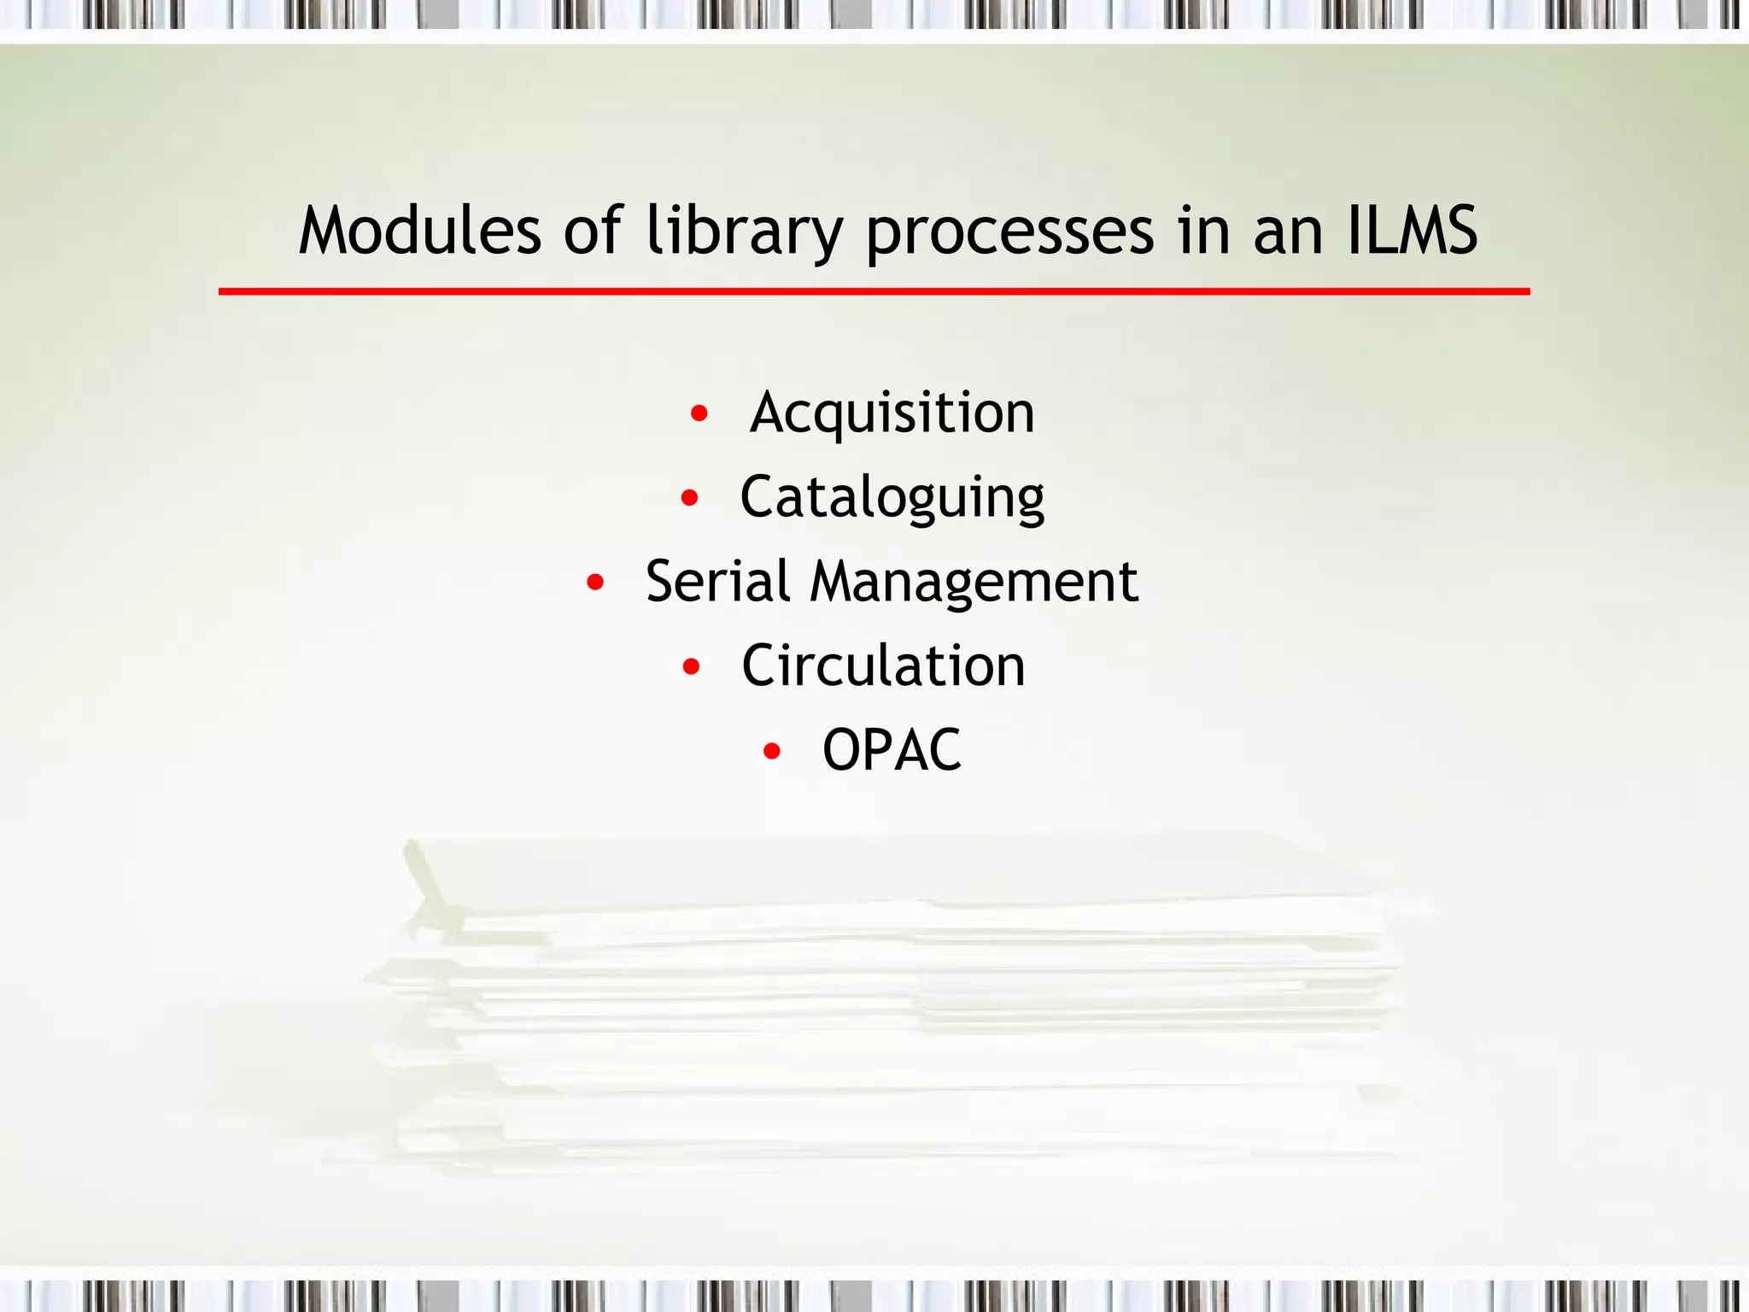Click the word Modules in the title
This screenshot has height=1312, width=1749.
coord(419,231)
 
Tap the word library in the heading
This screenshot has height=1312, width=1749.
coord(744,232)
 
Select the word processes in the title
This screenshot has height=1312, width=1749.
coord(1009,232)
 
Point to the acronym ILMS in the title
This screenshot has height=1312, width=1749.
coord(1412,231)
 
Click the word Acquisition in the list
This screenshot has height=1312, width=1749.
coord(892,413)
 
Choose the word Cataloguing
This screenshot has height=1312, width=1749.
coord(892,498)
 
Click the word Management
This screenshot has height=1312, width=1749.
coord(974,583)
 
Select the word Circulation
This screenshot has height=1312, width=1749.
coord(883,665)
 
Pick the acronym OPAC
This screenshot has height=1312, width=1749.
coord(892,750)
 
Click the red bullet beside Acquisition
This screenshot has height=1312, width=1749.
coord(699,414)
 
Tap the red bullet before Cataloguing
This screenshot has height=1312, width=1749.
coord(690,498)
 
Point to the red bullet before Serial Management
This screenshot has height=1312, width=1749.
coord(595,583)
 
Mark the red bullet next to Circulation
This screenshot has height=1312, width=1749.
coord(692,666)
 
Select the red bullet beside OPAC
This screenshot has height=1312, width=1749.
coord(772,751)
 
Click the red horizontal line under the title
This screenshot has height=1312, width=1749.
coord(874,291)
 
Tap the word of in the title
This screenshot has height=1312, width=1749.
coord(592,231)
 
